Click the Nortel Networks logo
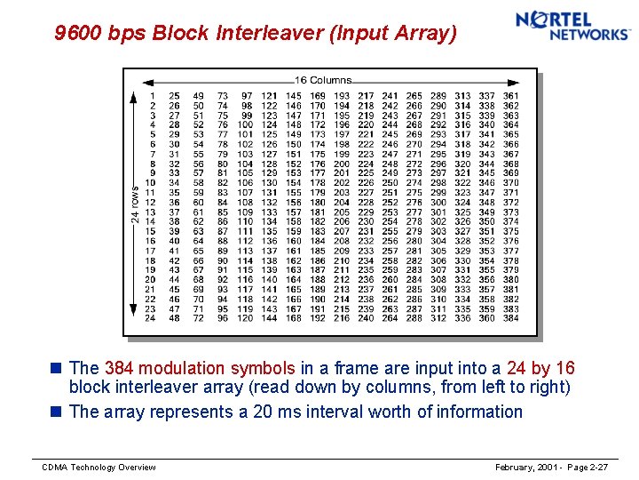pos(572,26)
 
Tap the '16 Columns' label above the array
pos(323,81)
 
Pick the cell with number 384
pos(511,318)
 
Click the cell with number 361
pos(511,96)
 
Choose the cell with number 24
pos(151,318)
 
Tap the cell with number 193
pos(342,96)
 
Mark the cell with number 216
pos(342,318)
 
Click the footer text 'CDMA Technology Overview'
pos(99,468)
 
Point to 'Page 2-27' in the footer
pos(585,468)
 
